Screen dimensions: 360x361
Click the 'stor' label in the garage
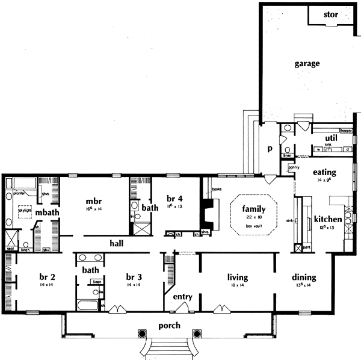(331, 14)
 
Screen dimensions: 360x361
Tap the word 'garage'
(307, 63)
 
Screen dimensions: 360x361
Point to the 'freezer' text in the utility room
(345, 129)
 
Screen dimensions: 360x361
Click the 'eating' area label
(324, 172)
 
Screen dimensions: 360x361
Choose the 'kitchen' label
(327, 219)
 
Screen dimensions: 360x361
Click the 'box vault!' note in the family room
(254, 225)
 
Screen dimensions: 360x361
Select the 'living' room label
(238, 278)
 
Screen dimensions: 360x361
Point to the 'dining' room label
(304, 278)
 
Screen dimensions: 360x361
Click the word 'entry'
(182, 297)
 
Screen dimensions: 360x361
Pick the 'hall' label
(117, 244)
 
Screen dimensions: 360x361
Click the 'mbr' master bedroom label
(93, 201)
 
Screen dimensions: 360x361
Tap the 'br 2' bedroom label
(48, 277)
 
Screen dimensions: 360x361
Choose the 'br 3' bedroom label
(134, 277)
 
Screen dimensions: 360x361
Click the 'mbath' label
(46, 212)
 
